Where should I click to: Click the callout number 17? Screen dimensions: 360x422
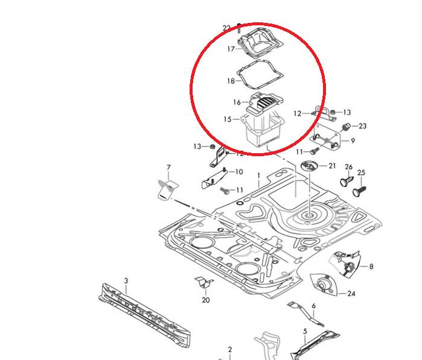click(230, 49)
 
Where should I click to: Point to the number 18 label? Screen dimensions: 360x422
click(230, 81)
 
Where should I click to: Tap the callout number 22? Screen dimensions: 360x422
click(226, 28)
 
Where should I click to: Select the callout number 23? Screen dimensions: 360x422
click(362, 126)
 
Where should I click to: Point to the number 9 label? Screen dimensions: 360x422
click(353, 141)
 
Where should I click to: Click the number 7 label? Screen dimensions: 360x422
click(168, 167)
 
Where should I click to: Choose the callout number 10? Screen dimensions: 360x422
click(238, 172)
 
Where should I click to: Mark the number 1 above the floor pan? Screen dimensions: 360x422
click(258, 175)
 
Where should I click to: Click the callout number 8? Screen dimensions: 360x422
click(371, 266)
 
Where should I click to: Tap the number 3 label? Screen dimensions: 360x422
click(126, 281)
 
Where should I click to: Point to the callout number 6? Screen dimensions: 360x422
click(313, 306)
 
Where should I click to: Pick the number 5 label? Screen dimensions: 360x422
click(305, 331)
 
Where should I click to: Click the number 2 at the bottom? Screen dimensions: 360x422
click(229, 350)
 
